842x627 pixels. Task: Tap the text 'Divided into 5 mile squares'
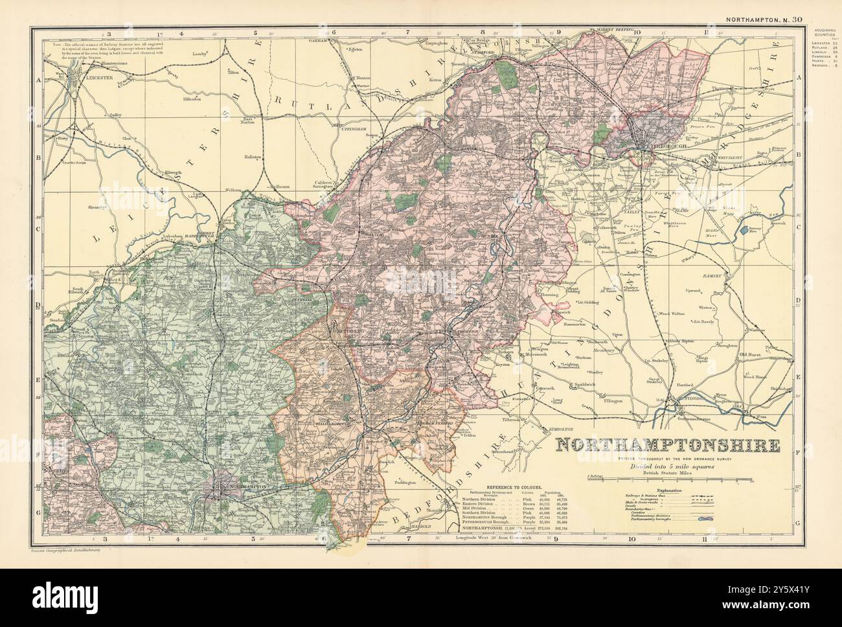click(x=667, y=465)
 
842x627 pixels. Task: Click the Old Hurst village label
click(x=754, y=354)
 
